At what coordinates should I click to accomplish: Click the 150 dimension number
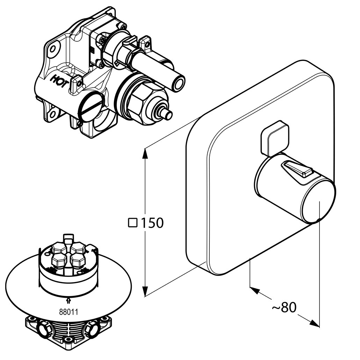[152, 223]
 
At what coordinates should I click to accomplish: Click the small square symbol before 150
[132, 222]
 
